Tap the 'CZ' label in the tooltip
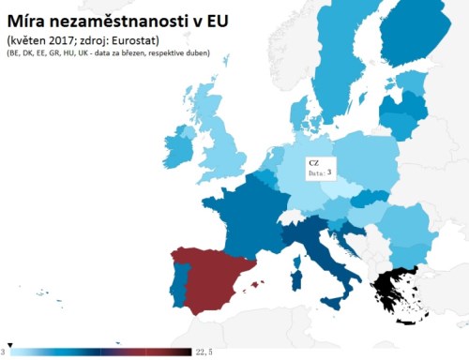coord(313,162)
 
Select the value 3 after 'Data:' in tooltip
coord(330,173)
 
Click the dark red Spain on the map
coord(216,281)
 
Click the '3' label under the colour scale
coord(4,352)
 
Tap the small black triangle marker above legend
coord(9,344)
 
